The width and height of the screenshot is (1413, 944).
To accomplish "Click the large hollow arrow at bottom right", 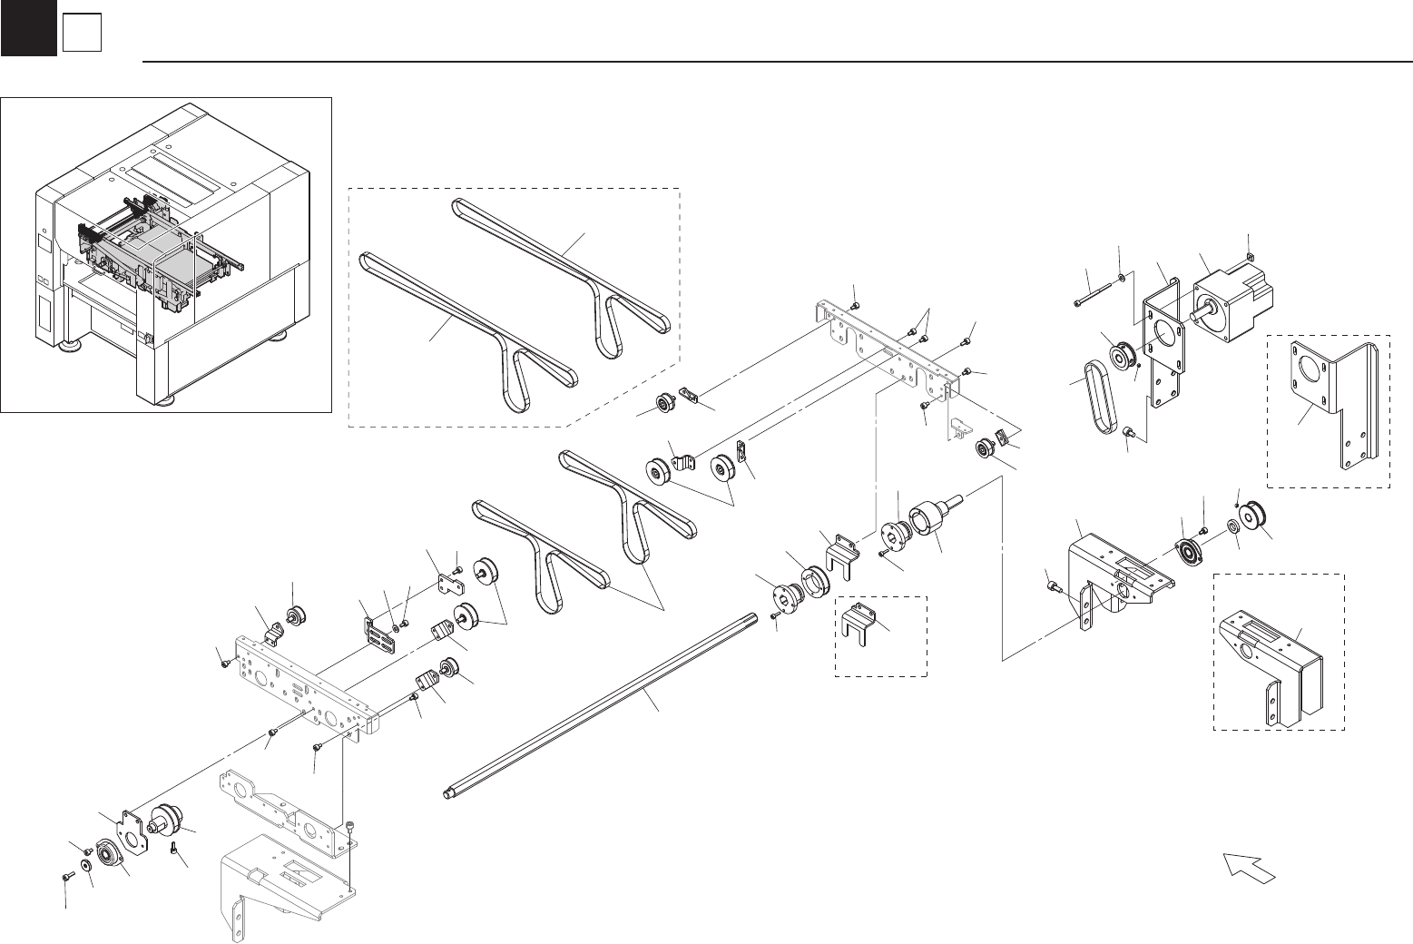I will (x=1250, y=867).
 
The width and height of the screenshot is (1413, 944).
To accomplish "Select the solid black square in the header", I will (x=28, y=28).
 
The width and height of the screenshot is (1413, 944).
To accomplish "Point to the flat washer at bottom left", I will (x=86, y=865).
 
